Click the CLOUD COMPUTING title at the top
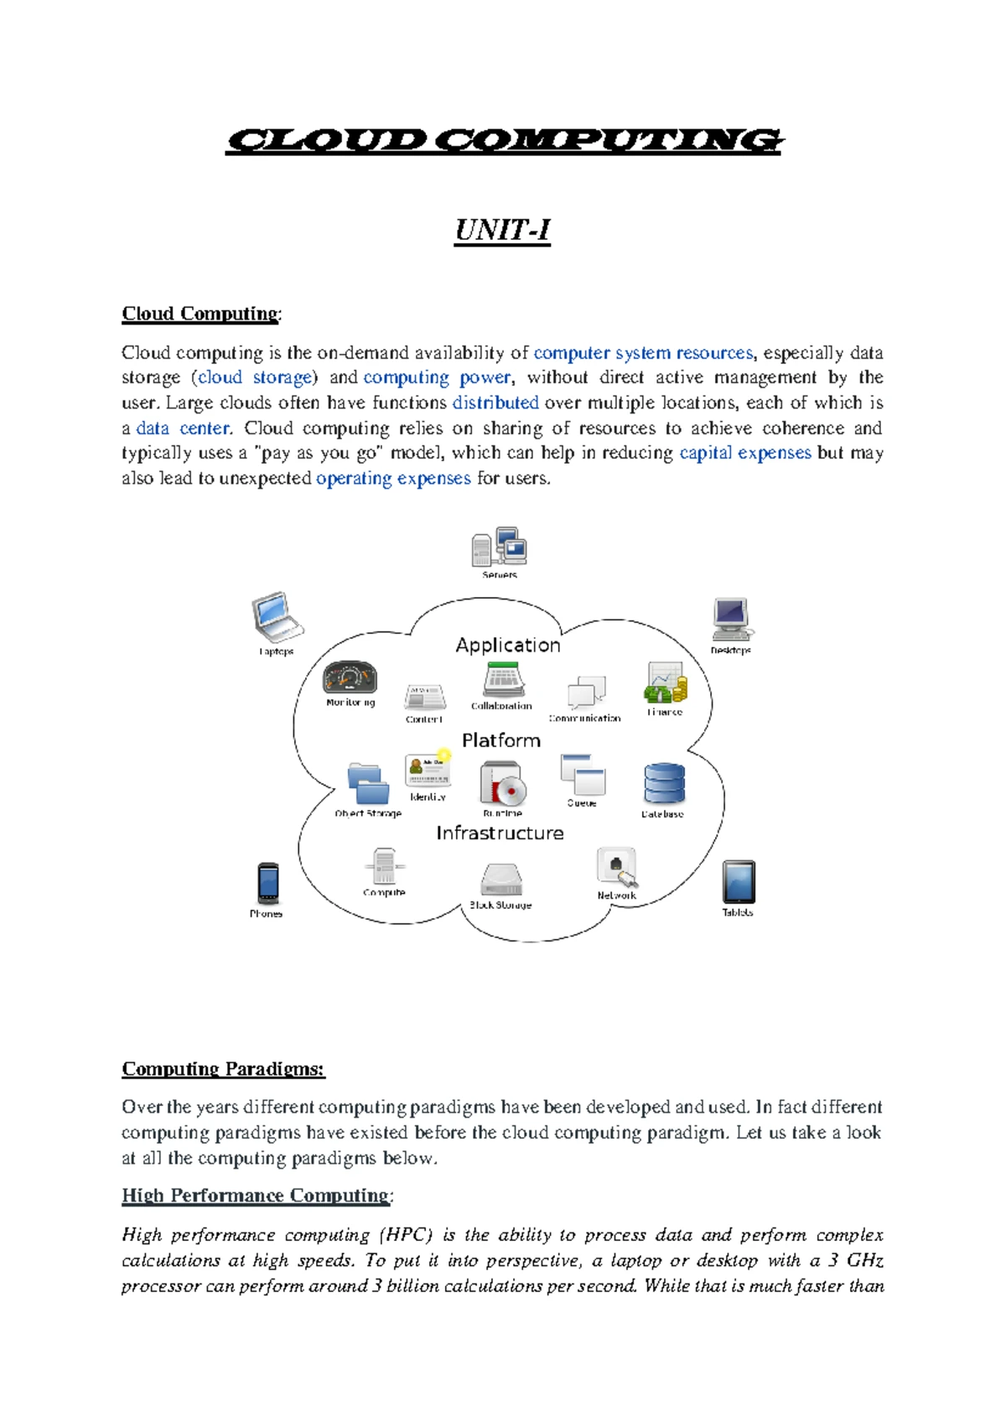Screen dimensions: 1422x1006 [503, 141]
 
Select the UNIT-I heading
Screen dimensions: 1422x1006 [502, 230]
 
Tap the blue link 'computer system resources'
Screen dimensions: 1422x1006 [643, 353]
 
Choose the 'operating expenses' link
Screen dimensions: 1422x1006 [393, 479]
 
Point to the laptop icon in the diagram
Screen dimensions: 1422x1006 [276, 617]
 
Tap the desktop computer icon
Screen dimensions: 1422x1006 [731, 619]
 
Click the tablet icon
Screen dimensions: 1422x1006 [738, 882]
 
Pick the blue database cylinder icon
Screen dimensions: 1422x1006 [664, 784]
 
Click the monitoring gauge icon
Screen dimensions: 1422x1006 [350, 677]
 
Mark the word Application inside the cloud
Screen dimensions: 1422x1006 [508, 645]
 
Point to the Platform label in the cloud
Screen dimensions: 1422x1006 [501, 740]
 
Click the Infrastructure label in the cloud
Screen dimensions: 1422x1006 [500, 833]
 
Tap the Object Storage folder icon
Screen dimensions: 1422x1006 [368, 784]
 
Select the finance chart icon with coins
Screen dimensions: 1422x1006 [666, 682]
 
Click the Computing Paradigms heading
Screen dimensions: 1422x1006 [223, 1069]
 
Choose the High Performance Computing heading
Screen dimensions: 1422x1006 [256, 1196]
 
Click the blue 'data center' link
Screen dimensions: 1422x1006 [183, 428]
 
